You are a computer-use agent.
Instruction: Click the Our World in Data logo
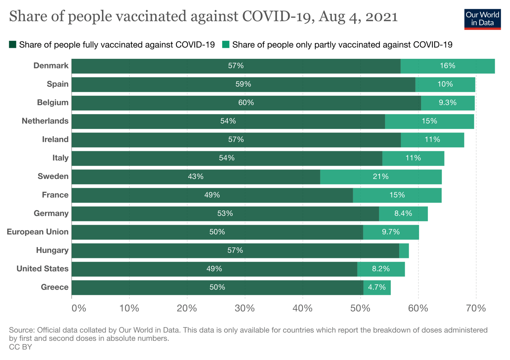tap(482, 19)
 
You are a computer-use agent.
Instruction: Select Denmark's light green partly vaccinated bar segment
tap(448, 66)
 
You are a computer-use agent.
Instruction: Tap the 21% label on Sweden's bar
tap(381, 176)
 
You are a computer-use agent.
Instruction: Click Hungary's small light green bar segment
tap(404, 251)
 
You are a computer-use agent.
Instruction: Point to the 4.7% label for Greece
tap(377, 287)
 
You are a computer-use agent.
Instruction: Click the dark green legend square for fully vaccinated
tap(13, 45)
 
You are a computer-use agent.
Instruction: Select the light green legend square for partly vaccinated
tap(226, 45)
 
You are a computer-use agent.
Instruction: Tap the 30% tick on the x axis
tap(245, 308)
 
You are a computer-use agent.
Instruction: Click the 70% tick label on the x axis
tap(476, 308)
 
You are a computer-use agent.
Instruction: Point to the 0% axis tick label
tap(79, 308)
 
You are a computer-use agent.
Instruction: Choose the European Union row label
tap(38, 232)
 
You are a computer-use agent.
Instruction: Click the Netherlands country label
tap(45, 121)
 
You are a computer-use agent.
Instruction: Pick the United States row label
tap(42, 269)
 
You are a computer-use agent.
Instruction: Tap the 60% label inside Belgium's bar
tap(246, 103)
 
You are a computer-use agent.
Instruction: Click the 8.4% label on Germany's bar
tap(403, 213)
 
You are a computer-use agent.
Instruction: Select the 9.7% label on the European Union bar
tap(391, 232)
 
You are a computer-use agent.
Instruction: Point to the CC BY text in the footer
tap(21, 347)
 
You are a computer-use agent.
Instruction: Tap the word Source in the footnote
tap(21, 330)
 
